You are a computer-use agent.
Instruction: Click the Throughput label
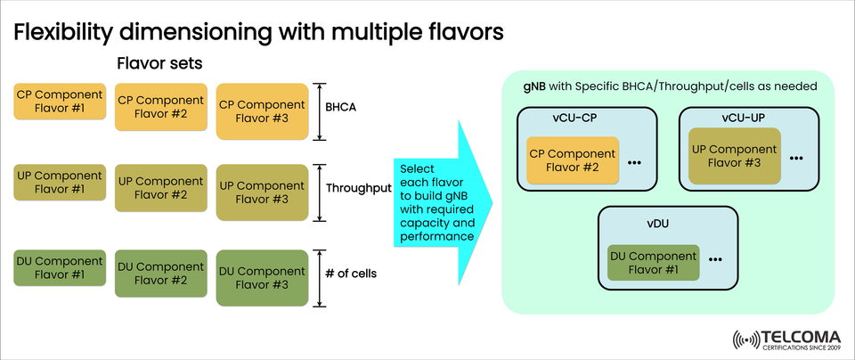pos(359,189)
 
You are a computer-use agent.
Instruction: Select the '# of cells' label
pos(352,274)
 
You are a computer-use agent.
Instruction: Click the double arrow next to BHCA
pos(319,112)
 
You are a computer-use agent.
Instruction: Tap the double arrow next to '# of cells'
pos(319,278)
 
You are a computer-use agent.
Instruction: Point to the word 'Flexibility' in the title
pos(68,33)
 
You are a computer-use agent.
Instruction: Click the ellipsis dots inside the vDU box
pos(716,259)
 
